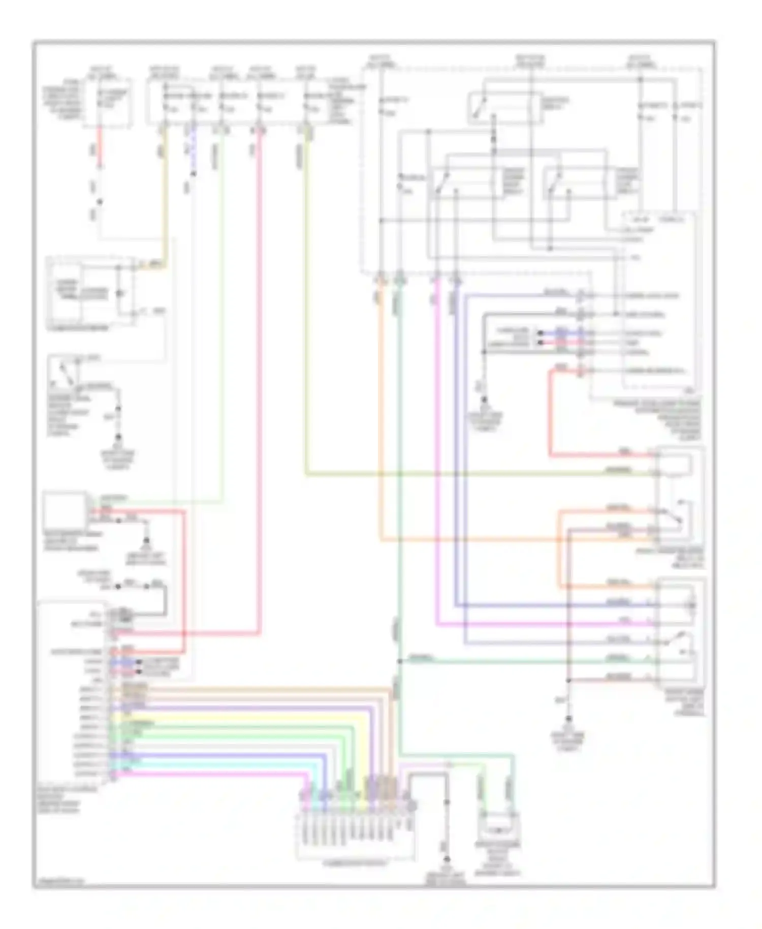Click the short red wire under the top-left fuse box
point(100,147)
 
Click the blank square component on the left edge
point(65,510)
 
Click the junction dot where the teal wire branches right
point(400,661)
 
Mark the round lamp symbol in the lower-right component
point(691,605)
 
